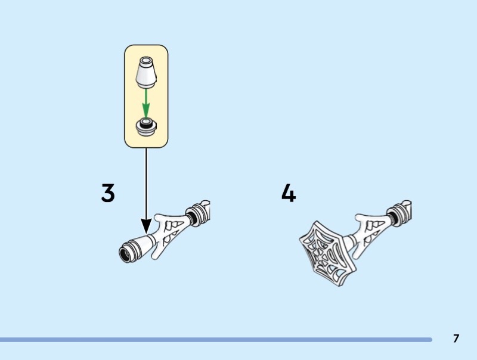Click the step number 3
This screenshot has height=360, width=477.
pyautogui.click(x=108, y=193)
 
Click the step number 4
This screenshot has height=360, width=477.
pyautogui.click(x=289, y=193)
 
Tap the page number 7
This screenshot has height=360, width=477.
pyautogui.click(x=456, y=339)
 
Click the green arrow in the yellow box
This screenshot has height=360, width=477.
pyautogui.click(x=146, y=103)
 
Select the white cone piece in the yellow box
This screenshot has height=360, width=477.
pyautogui.click(x=146, y=72)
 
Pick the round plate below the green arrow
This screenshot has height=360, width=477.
pyautogui.click(x=146, y=127)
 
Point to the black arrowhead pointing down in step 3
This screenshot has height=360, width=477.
pyautogui.click(x=146, y=226)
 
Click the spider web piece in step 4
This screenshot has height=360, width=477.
pyautogui.click(x=327, y=253)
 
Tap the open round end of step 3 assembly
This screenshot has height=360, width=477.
pyautogui.click(x=125, y=255)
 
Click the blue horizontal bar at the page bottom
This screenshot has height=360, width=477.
pyautogui.click(x=216, y=340)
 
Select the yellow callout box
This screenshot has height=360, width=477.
pyautogui.click(x=146, y=97)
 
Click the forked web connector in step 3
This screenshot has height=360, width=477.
pyautogui.click(x=170, y=235)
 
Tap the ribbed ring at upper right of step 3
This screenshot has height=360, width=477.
pyautogui.click(x=197, y=216)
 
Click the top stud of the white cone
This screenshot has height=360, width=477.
pyautogui.click(x=146, y=60)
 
